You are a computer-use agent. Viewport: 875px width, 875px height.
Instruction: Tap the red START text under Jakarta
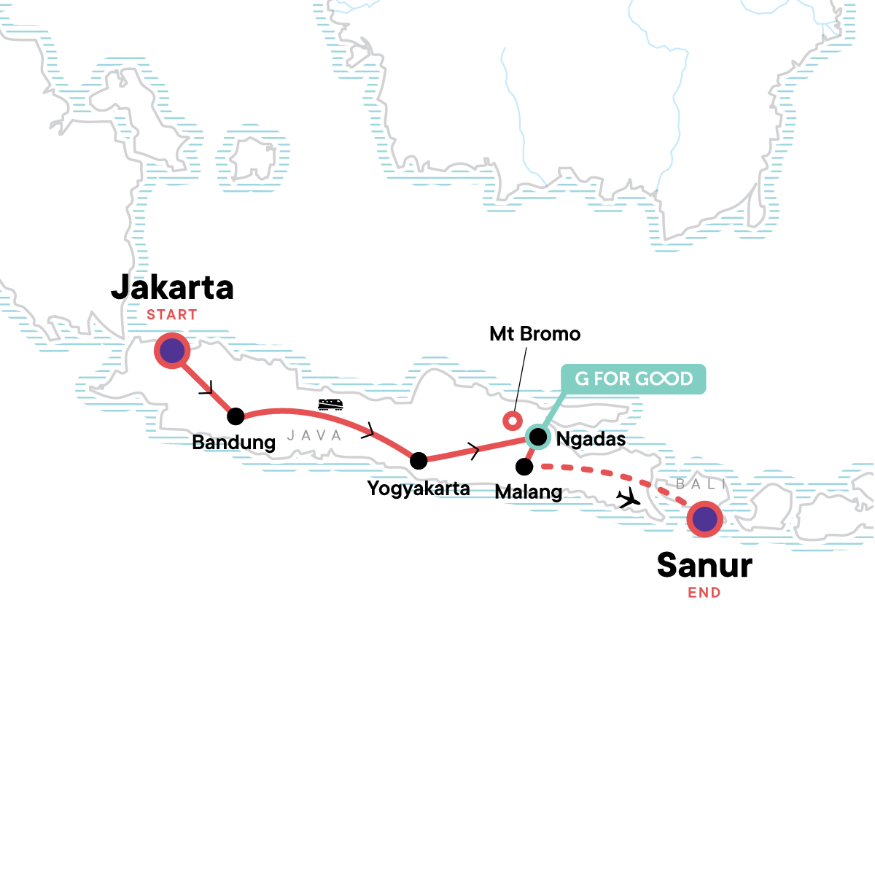tap(172, 315)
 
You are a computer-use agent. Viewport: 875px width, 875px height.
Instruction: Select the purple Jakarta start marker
tap(172, 351)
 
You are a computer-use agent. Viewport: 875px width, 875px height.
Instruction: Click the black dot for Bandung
tap(236, 416)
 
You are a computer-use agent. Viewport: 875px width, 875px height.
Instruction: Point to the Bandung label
tap(233, 443)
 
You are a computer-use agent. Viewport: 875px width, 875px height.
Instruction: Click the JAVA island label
tap(314, 435)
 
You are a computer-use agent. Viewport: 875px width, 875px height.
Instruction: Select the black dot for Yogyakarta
tap(419, 460)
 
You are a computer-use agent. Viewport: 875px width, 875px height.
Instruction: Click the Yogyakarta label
tap(419, 488)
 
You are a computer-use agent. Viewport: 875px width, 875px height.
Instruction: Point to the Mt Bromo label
tap(535, 334)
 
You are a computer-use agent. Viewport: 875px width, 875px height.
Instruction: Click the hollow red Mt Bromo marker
tap(513, 420)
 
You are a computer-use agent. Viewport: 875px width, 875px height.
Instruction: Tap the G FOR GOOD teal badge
tap(633, 379)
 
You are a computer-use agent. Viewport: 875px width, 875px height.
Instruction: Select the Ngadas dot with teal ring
tap(538, 437)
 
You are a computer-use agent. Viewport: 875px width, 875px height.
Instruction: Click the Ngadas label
tap(591, 439)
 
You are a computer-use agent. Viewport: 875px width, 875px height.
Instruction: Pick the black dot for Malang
tap(524, 466)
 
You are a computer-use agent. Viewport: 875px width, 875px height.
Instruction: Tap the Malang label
tap(528, 492)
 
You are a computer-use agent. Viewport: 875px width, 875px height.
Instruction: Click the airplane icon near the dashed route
tap(628, 499)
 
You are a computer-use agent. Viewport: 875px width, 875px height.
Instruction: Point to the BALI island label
tap(701, 484)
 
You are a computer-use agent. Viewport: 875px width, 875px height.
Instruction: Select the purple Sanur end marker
tap(704, 520)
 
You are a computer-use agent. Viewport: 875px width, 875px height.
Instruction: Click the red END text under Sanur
tap(704, 593)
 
